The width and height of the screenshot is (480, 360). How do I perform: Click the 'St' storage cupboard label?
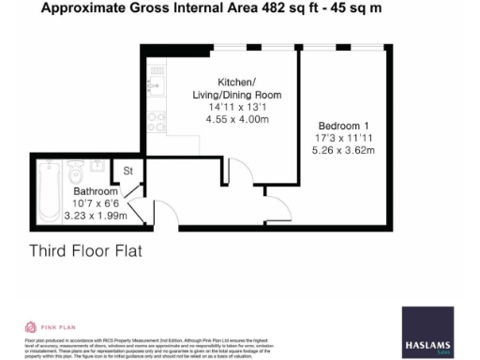(129, 172)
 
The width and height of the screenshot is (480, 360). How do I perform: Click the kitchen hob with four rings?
(157, 120)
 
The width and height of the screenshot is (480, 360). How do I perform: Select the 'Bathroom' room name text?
(97, 190)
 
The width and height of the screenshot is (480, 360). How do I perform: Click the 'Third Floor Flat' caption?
(86, 250)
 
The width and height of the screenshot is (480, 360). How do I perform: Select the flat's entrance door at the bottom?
(143, 214)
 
